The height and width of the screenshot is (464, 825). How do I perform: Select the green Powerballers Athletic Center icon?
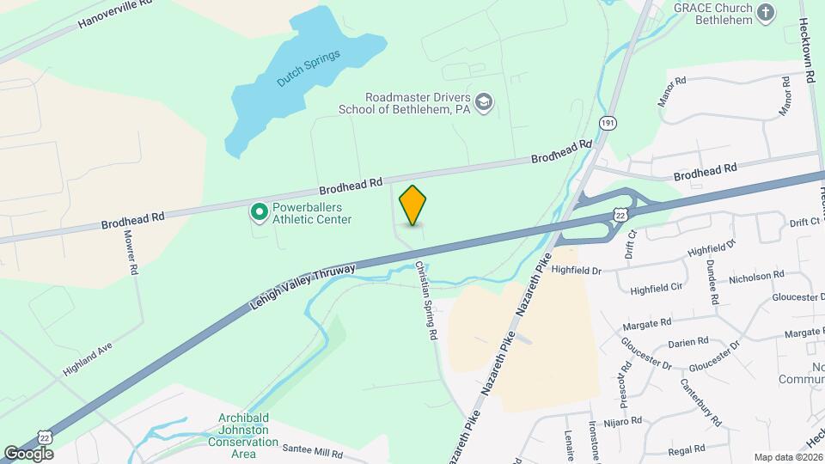258,211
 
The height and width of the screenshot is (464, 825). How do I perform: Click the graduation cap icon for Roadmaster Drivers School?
484,102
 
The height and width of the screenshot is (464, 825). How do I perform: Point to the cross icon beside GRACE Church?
767,12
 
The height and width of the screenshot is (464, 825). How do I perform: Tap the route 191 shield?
608,124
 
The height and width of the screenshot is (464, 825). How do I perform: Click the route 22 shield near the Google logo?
54,437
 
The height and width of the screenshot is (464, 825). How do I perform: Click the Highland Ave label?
87,358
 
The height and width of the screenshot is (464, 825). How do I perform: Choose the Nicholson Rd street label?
755,276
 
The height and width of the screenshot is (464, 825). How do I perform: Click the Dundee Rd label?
712,282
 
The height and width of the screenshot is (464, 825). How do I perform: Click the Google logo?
27,453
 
